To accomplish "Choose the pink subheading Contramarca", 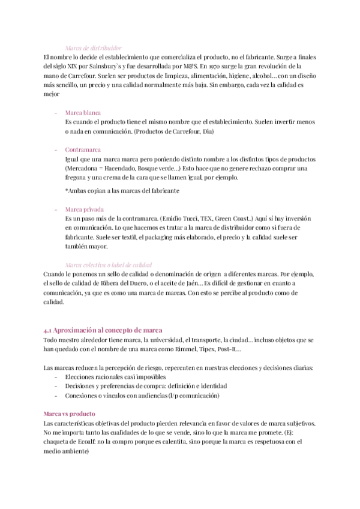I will (83, 149).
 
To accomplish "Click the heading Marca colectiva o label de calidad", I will (108, 265).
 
